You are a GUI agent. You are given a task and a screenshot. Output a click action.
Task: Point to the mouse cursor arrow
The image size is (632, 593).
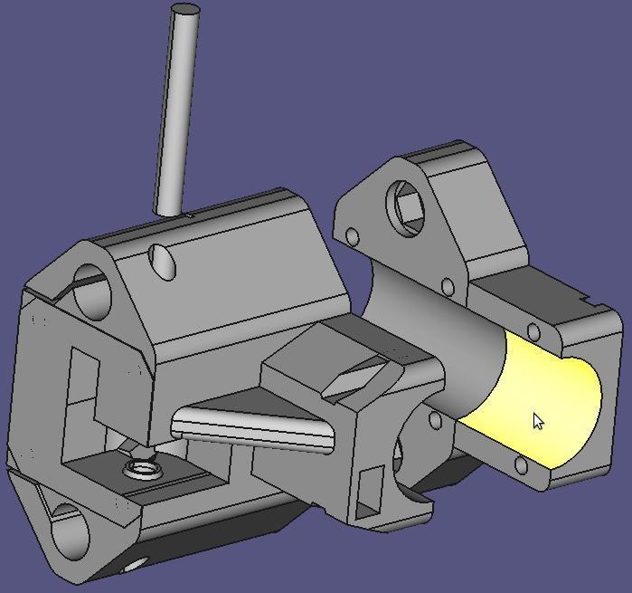(x=538, y=421)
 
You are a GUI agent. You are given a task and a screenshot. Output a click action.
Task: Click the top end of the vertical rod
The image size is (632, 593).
(x=186, y=11)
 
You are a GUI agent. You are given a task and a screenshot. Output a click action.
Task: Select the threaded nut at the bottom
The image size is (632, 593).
(x=142, y=469)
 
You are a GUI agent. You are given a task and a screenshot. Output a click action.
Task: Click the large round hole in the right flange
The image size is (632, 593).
(x=408, y=204)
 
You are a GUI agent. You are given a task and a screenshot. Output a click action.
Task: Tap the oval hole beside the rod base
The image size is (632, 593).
(x=164, y=261)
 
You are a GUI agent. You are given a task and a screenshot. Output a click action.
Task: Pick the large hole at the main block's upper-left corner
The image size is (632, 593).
(x=91, y=290)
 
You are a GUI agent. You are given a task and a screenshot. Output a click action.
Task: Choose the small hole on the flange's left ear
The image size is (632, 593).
(x=352, y=237)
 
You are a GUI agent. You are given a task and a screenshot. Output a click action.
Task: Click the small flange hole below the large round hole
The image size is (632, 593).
(x=446, y=287)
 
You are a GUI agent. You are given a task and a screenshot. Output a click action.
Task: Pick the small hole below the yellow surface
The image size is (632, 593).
(x=521, y=466)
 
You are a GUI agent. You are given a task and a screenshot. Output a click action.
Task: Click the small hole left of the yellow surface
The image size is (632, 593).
(x=436, y=421)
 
